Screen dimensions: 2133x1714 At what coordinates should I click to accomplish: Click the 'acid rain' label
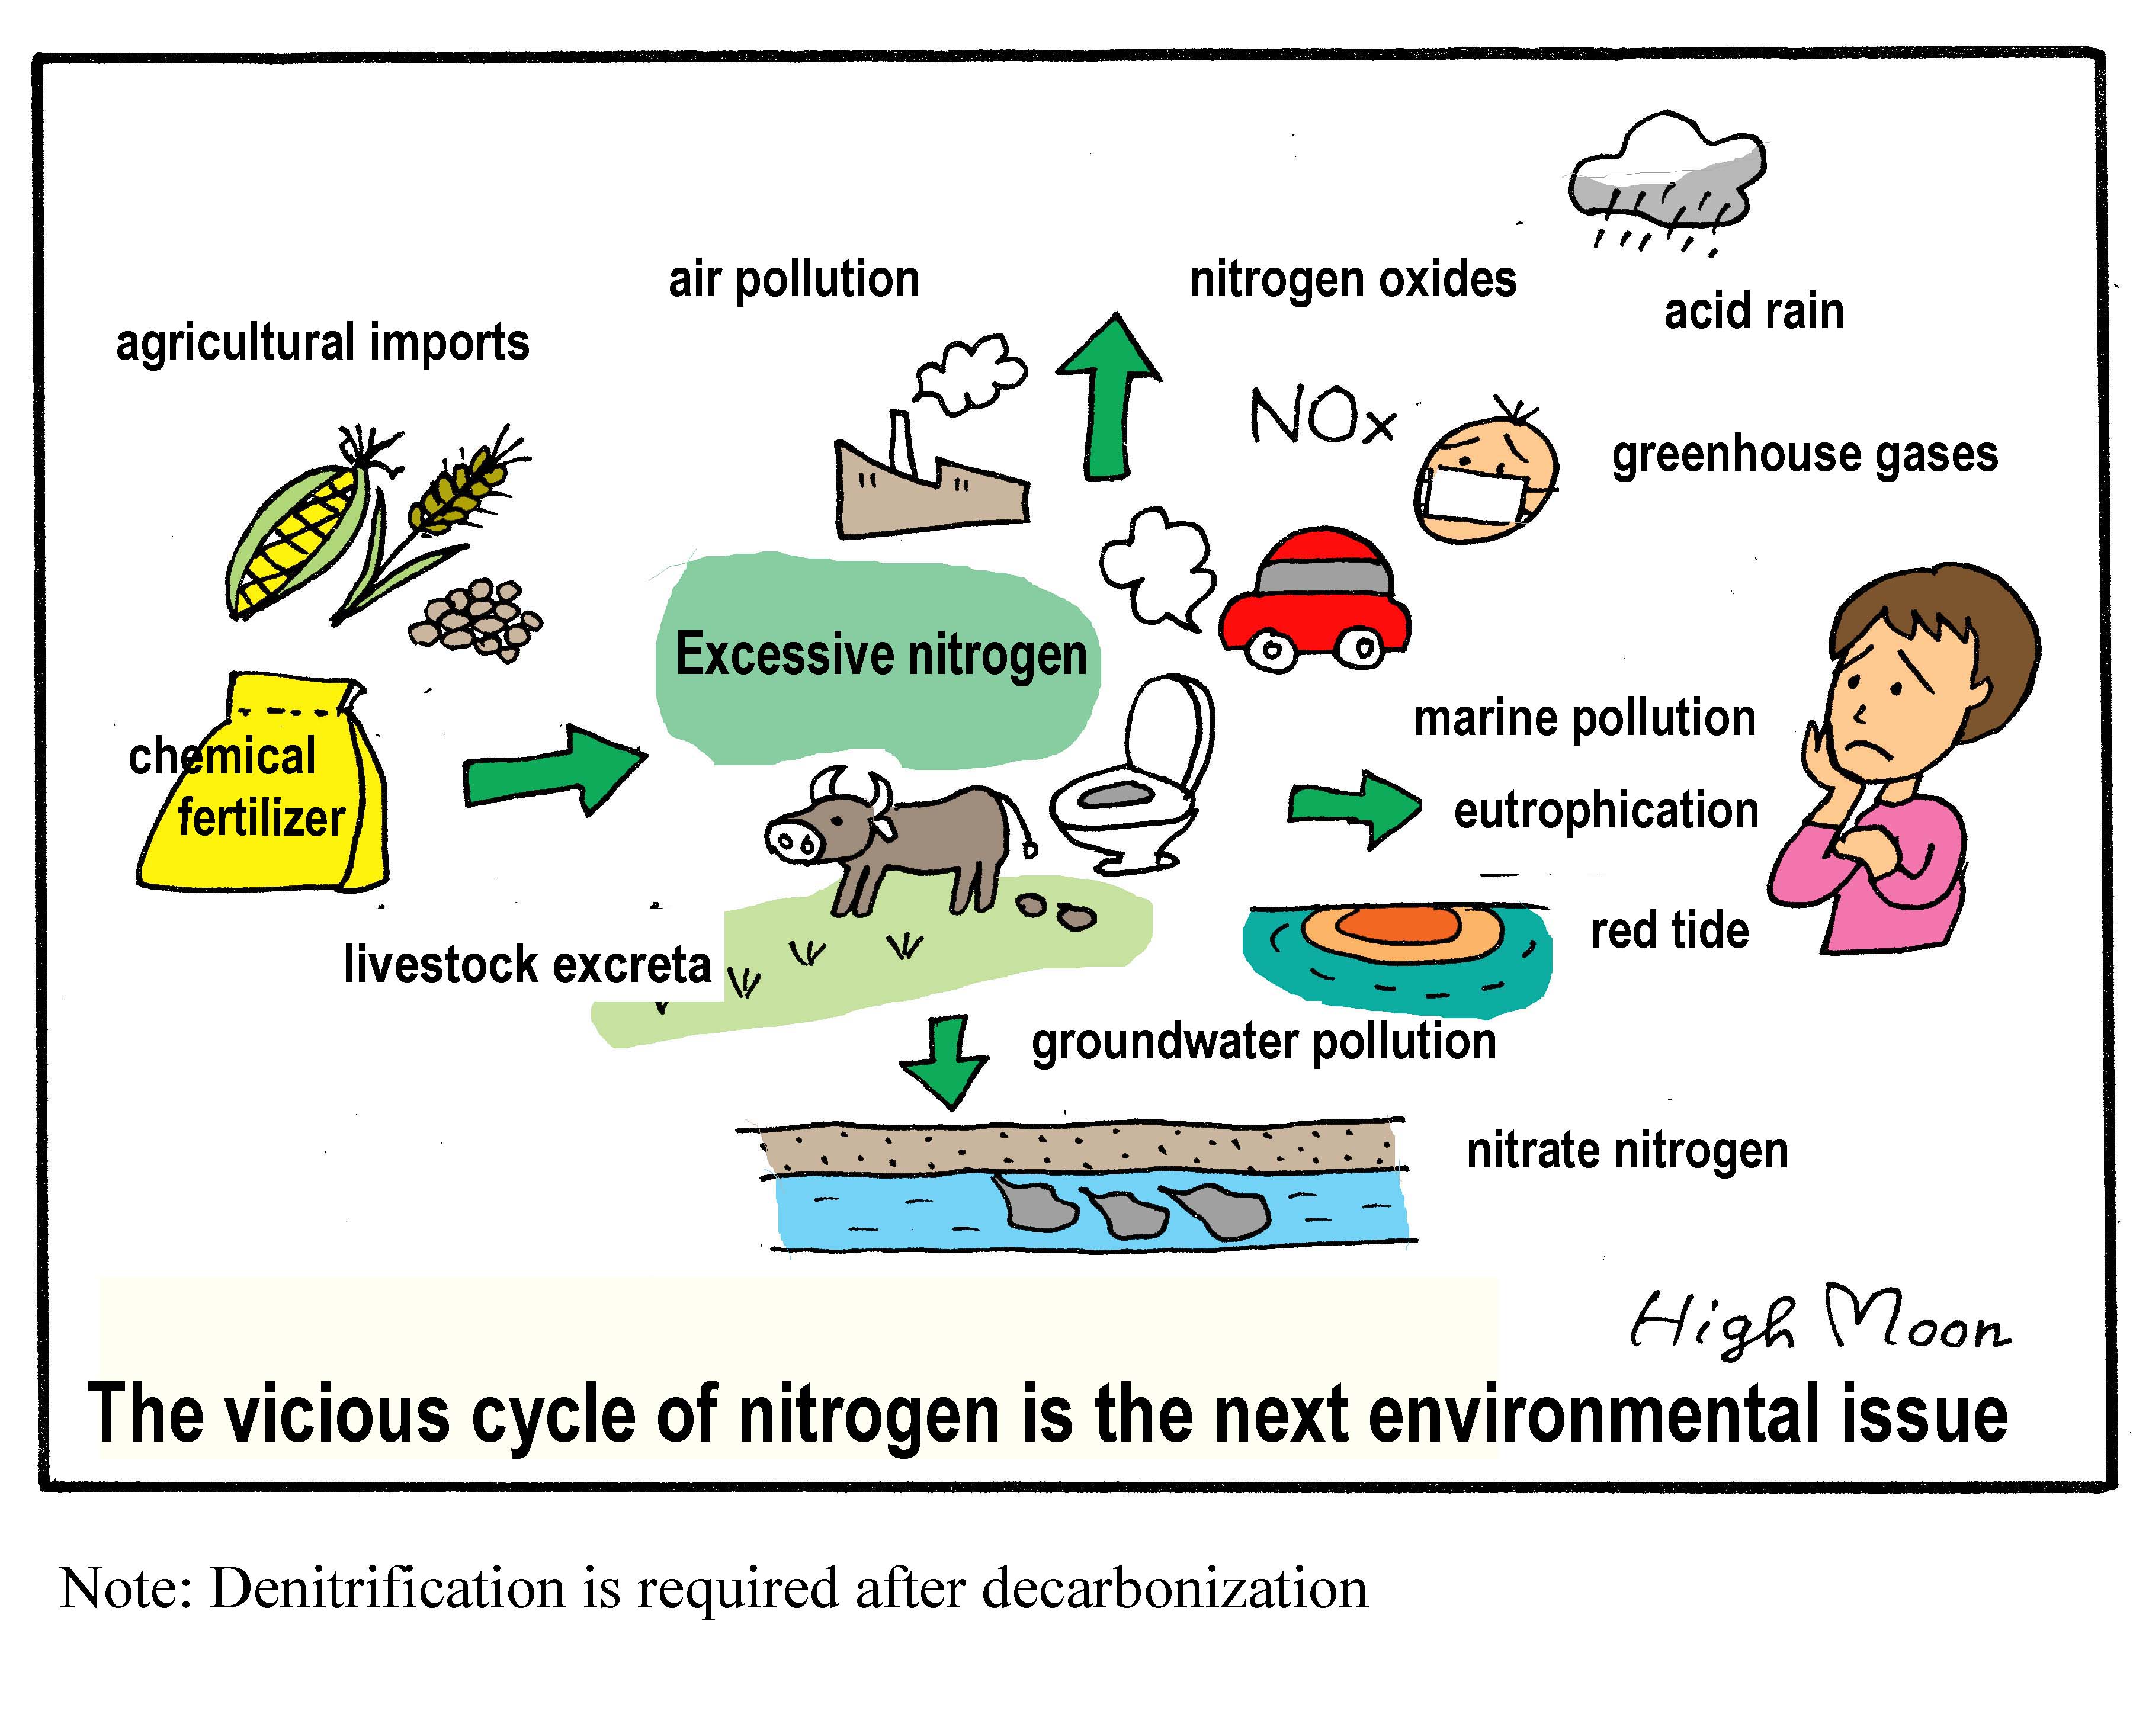(x=1753, y=312)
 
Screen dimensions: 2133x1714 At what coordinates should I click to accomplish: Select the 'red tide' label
(x=1669, y=930)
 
